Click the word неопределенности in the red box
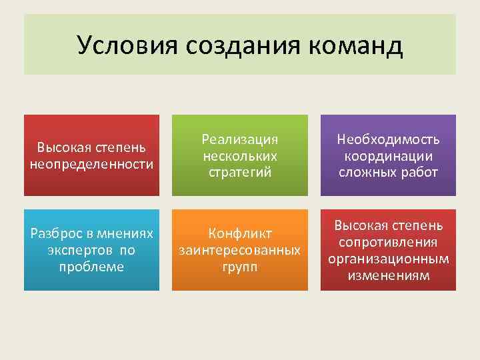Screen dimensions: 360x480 pos(91,163)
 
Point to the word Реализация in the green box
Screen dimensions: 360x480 pos(240,140)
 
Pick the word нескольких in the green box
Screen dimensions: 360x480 pos(240,156)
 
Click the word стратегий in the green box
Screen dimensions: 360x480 pos(240,172)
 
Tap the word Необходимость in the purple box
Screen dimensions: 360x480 pos(388,140)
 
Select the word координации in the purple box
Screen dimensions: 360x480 pos(388,156)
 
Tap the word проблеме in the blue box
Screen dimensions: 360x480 pos(91,266)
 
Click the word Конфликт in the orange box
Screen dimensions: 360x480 pos(240,234)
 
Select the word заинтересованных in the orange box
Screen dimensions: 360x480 pos(240,250)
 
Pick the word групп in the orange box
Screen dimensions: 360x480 pos(240,266)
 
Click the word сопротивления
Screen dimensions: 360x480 pos(388,242)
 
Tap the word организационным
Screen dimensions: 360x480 pos(388,258)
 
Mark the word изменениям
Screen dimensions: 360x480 pos(388,274)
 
